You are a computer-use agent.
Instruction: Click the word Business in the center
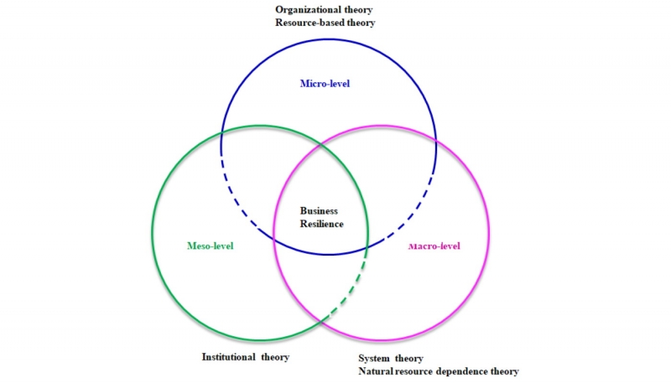point(320,210)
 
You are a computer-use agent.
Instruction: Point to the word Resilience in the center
point(322,224)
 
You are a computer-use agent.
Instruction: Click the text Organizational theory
point(324,9)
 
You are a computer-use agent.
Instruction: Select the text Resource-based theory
point(325,23)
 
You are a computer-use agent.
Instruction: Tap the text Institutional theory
point(246,357)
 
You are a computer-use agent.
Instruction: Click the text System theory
point(390,358)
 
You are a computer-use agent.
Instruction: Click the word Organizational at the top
point(305,9)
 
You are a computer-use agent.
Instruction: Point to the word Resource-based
point(309,23)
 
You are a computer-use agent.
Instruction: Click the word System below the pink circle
point(376,358)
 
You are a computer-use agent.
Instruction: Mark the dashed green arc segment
point(351,288)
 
